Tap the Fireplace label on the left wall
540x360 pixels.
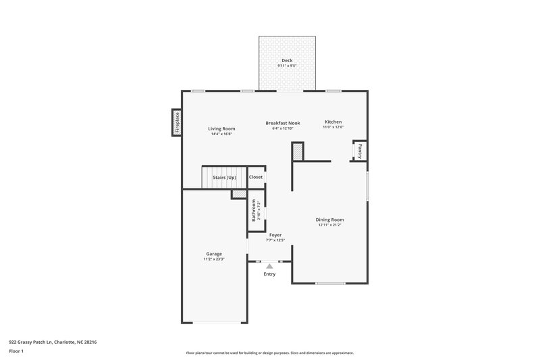pyautogui.click(x=178, y=123)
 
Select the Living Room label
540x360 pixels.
pyautogui.click(x=221, y=128)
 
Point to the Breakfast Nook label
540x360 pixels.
pyautogui.click(x=282, y=123)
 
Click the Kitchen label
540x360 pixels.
pyautogui.click(x=333, y=122)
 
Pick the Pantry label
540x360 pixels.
pyautogui.click(x=360, y=150)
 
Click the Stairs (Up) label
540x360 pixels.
pyautogui.click(x=224, y=177)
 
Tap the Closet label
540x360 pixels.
pyautogui.click(x=256, y=177)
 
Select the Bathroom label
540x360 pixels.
pyautogui.click(x=254, y=209)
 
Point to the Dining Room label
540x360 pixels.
pyautogui.click(x=330, y=219)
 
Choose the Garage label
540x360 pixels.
pyautogui.click(x=213, y=254)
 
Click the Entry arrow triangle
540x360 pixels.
pyautogui.click(x=269, y=267)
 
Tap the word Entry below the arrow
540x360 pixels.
pyautogui.click(x=269, y=274)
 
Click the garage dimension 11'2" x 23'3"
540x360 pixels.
pyautogui.click(x=213, y=259)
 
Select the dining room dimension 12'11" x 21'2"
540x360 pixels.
pyautogui.click(x=330, y=224)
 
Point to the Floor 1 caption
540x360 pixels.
pyautogui.click(x=16, y=352)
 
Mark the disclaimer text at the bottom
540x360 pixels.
pyautogui.click(x=269, y=353)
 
